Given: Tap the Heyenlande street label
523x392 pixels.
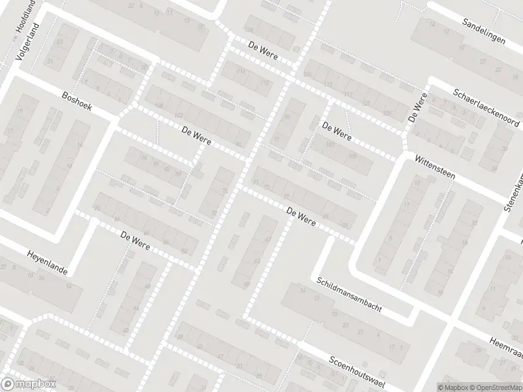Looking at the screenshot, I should point(47,263).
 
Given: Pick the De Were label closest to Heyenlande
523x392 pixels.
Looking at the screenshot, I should point(135,240).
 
